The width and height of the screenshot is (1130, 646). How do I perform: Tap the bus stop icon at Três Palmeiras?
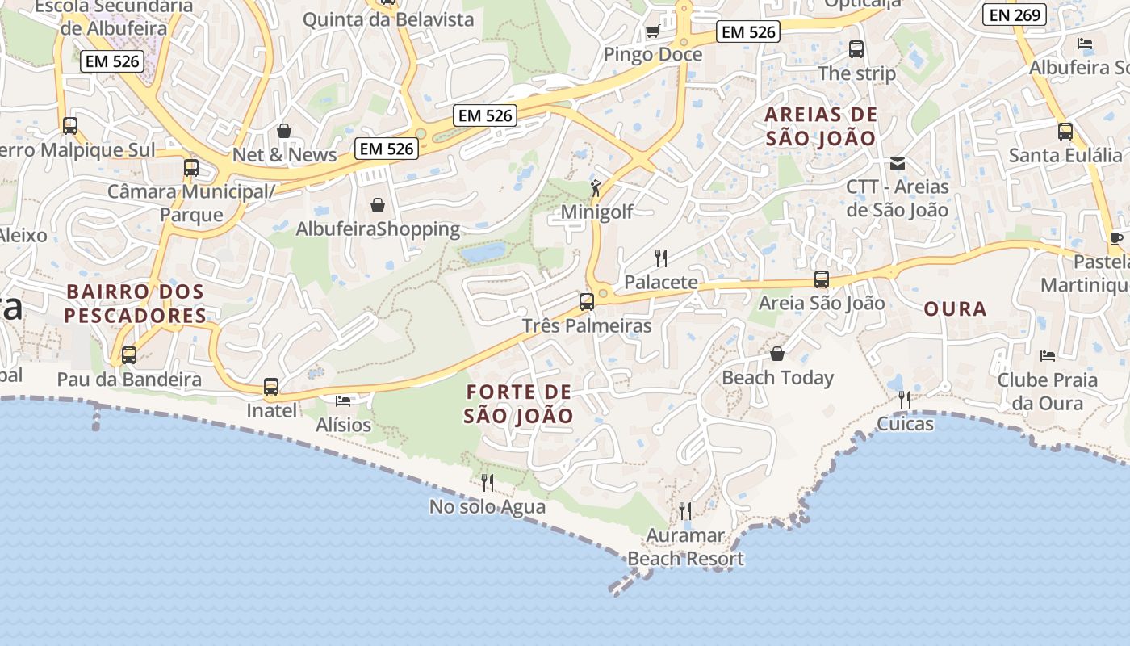point(587,302)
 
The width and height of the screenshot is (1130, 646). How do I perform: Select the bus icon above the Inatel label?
point(271,387)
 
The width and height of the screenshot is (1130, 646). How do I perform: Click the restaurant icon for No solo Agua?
point(488,483)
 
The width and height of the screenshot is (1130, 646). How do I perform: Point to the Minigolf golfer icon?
point(596,188)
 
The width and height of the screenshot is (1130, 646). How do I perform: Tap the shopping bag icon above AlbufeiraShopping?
point(377,205)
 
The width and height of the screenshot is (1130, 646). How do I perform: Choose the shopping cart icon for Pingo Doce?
point(652,31)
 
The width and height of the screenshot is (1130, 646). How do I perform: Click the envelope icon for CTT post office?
point(897,164)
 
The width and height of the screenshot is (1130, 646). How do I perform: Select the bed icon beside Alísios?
point(343,401)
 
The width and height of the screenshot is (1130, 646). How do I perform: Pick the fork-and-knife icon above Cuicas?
point(905,399)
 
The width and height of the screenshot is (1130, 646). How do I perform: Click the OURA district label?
point(955,309)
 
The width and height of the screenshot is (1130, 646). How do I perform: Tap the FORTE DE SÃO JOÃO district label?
point(519,405)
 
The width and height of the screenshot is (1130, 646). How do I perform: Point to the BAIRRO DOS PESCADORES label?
point(136,303)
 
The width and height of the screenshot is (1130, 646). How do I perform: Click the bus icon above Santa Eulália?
point(1065,131)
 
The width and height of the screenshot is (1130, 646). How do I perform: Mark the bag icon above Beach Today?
point(777,354)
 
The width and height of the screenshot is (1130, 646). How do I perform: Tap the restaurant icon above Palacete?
point(661,258)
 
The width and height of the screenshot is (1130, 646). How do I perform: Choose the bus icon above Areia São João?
point(822,279)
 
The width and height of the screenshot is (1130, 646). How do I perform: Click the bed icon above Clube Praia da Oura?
point(1048,355)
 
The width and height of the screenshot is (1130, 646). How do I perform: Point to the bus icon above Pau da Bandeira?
point(129,354)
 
